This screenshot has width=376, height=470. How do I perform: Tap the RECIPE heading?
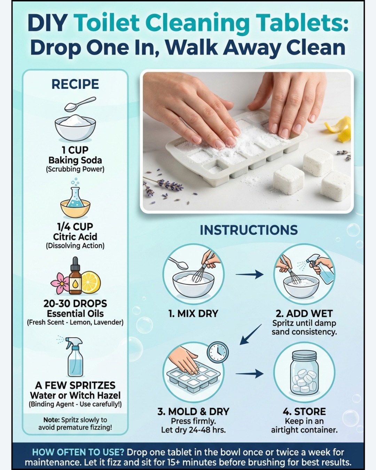pos(75,84)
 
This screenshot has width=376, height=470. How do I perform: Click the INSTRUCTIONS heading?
pos(249,230)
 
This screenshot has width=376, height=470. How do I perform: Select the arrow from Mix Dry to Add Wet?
pos(250,274)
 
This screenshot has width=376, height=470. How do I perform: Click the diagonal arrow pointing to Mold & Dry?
pos(250,334)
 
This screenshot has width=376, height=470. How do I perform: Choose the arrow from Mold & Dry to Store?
pos(250,374)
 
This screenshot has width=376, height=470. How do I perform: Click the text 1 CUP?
pos(75,150)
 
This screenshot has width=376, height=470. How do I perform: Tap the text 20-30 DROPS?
pos(75,304)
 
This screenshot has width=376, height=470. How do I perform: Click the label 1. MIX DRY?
pos(193,314)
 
